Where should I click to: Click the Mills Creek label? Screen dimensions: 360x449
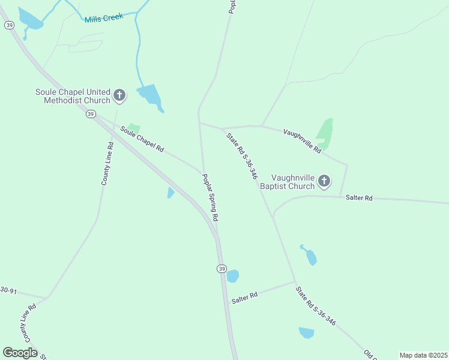(x=104, y=18)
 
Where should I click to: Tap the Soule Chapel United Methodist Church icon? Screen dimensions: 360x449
(x=119, y=95)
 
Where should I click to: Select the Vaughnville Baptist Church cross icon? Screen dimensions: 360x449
(x=324, y=181)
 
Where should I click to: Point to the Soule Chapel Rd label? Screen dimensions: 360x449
(x=142, y=139)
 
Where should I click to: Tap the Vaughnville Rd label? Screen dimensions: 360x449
(x=302, y=141)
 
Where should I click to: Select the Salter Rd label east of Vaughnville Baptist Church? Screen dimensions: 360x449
(x=359, y=198)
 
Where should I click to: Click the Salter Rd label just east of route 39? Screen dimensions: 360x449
(x=245, y=295)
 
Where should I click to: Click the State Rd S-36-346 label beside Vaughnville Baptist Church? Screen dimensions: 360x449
(x=242, y=156)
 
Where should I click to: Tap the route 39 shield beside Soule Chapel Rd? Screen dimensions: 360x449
(x=90, y=114)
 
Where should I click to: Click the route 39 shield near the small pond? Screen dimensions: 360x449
(x=221, y=268)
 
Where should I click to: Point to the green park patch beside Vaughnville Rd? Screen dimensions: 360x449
(x=325, y=133)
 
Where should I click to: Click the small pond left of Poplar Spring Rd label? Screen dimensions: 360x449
(x=170, y=193)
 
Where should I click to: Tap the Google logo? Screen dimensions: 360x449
(x=20, y=353)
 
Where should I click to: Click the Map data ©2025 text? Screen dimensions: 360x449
(x=424, y=355)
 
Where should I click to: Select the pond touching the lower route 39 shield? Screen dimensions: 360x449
(x=232, y=276)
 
